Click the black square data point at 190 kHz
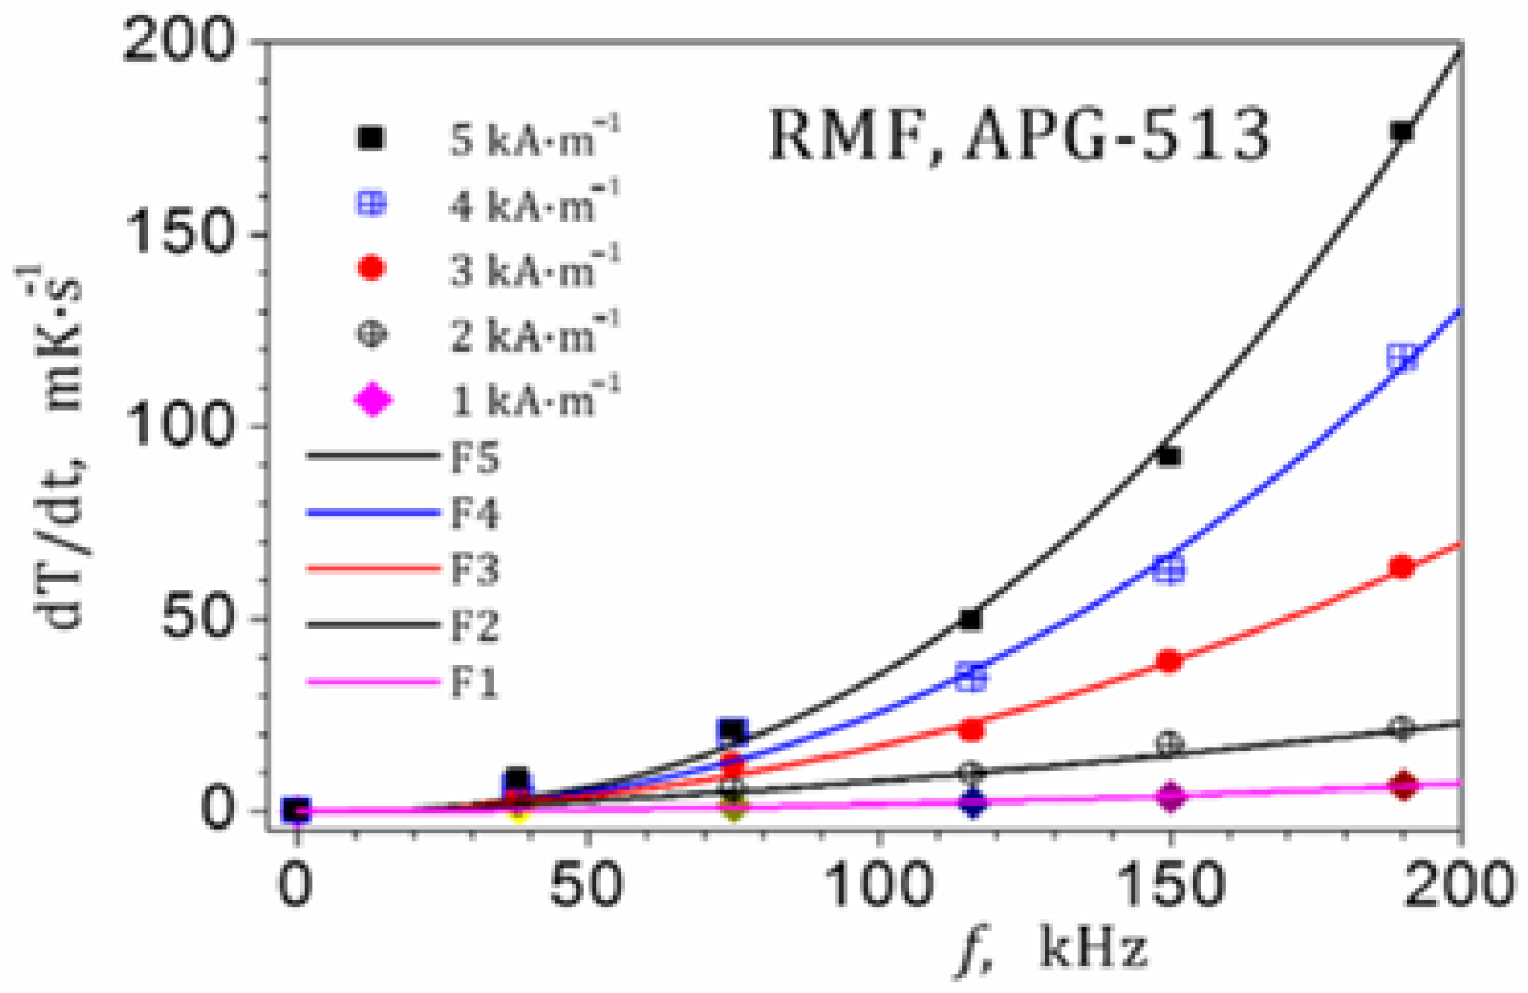point(1401,132)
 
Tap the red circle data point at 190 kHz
point(1401,567)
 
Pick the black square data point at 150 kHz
point(1169,457)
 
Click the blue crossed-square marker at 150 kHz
point(1169,569)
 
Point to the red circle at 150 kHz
point(1170,661)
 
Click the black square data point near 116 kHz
point(970,619)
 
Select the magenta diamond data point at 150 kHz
point(1170,796)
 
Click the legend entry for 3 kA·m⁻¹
point(488,270)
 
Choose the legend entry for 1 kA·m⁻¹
point(488,400)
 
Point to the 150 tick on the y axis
point(181,233)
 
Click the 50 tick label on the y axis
point(198,618)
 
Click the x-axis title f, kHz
point(1052,949)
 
